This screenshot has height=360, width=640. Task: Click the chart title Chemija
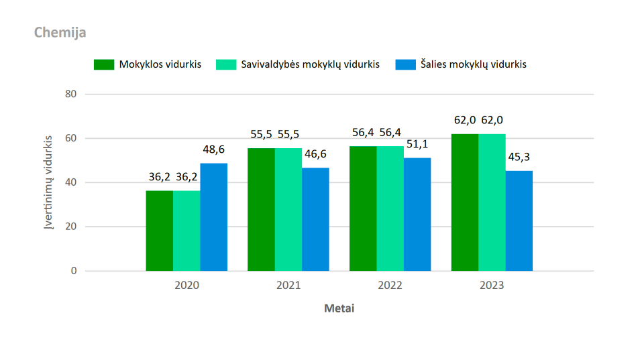pos(60,33)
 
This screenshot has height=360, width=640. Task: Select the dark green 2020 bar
pos(160,231)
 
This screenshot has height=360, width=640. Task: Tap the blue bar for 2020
pos(214,217)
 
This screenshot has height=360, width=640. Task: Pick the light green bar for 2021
pos(288,210)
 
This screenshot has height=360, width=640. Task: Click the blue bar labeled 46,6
pos(315,219)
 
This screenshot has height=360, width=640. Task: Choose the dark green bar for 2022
pos(363,208)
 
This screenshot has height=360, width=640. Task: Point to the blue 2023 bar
pos(519,221)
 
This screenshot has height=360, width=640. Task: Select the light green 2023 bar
pos(492,202)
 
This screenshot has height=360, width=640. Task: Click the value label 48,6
pos(214,149)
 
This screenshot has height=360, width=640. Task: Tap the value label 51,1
pos(417,144)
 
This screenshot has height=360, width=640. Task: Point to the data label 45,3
pos(519,157)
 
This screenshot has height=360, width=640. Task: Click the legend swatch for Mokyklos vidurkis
pos(104,64)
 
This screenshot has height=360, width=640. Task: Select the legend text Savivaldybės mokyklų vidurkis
pos(310,64)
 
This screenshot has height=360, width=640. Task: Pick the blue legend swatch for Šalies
pos(406,64)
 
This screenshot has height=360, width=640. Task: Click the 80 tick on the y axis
pos(70,94)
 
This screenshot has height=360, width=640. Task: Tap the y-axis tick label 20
pos(70,227)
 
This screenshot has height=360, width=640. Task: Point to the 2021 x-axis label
pos(288,286)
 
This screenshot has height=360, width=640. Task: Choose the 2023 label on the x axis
pos(492,286)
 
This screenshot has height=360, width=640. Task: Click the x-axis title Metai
pos(339,308)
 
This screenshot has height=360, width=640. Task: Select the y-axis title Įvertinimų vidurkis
pos(48,182)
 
